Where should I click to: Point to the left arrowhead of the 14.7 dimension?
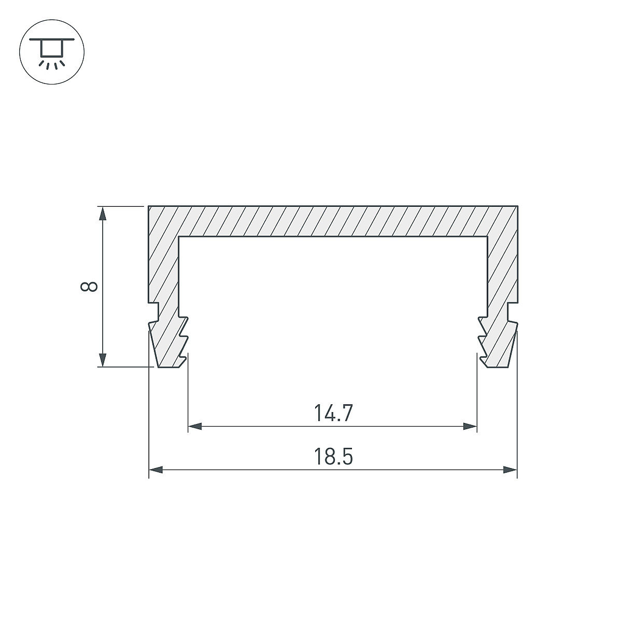tap(195, 427)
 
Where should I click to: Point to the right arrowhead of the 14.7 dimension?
tap(470, 427)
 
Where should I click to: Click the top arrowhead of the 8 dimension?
tap(102, 213)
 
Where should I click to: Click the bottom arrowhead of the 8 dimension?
tap(102, 360)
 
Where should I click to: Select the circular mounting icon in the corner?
tap(52, 52)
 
